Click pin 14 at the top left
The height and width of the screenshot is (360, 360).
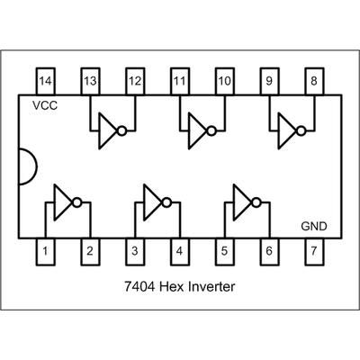click(45, 81)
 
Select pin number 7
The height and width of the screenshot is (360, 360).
click(314, 251)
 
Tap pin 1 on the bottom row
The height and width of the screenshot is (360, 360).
click(45, 251)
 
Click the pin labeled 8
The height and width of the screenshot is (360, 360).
click(314, 81)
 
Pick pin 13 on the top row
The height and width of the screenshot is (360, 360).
click(90, 81)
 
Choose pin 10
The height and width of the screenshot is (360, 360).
click(224, 81)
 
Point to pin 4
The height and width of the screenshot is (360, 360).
click(179, 251)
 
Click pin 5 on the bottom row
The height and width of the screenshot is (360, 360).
click(224, 251)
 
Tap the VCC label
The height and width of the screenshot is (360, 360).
click(45, 105)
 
